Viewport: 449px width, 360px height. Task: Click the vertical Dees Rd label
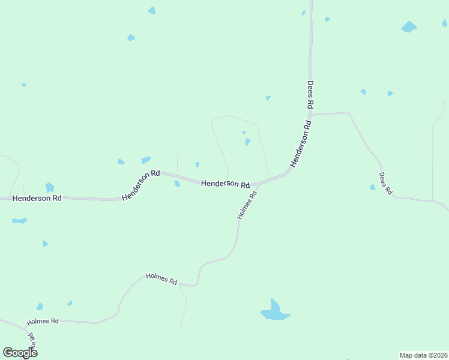pos(310,95)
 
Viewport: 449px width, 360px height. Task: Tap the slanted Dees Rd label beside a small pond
pos(385,184)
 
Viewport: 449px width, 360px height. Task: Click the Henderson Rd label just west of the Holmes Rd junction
pos(225,184)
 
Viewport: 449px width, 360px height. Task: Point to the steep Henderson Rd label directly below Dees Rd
pos(301,145)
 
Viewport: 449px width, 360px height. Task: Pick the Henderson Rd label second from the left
pos(140,185)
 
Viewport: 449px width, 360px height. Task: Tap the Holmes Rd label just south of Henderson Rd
pos(247,205)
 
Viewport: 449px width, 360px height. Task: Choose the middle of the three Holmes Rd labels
pos(162,279)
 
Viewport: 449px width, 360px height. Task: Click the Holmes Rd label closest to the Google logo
pos(43,322)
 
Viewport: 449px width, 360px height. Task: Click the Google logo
pos(20,353)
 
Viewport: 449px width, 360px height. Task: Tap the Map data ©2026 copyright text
pos(424,355)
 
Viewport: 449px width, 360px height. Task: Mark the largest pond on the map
pos(275,311)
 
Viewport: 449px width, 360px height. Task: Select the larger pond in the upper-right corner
pos(409,27)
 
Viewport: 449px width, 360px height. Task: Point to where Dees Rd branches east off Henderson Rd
pos(310,113)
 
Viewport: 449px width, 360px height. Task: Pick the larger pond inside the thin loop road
pos(247,142)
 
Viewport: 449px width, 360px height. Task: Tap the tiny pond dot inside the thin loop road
pos(244,133)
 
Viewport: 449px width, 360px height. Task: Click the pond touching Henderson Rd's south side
pos(177,184)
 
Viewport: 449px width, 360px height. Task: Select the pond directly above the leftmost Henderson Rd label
pos(50,187)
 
